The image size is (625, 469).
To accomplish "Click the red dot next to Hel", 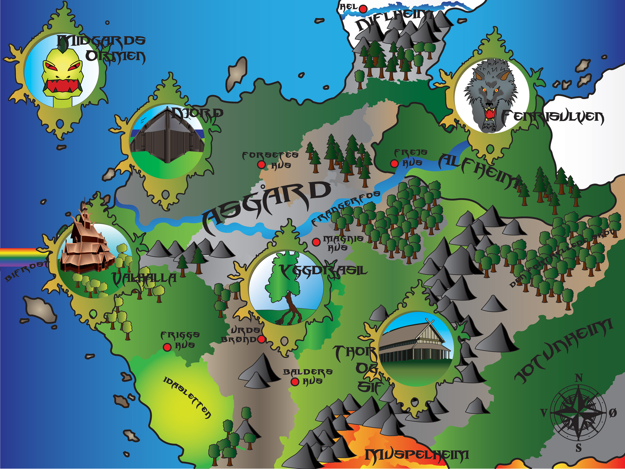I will point(363,9).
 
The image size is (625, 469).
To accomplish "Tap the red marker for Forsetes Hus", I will point(261,164).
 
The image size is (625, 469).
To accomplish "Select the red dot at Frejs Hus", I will point(394,163).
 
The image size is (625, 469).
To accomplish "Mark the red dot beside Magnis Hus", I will point(316,242).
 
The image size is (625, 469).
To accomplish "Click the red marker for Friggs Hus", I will point(167,347).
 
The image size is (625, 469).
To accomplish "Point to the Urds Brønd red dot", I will point(261,339).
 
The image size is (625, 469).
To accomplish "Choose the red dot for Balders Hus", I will point(295,382).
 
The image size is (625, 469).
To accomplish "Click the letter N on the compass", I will point(579,378).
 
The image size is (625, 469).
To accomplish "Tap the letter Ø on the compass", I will point(613,413).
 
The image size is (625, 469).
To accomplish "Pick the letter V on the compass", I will point(544,413).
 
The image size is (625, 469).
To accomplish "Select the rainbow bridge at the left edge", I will point(19,256).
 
